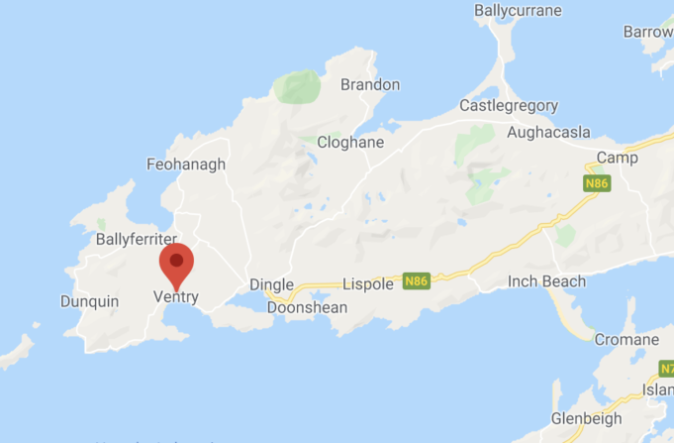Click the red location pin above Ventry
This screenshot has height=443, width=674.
click(177, 265)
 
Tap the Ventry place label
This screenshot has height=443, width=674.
click(176, 296)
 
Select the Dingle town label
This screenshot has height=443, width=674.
click(271, 284)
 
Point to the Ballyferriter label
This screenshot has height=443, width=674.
click(136, 239)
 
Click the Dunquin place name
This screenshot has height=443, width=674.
click(89, 301)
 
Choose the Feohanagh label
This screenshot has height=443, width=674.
click(185, 165)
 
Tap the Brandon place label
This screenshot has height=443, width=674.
click(370, 84)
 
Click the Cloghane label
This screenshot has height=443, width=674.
click(350, 142)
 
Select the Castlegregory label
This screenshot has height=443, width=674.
click(509, 105)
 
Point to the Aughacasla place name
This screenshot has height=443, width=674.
click(548, 132)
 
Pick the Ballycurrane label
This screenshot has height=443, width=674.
click(518, 11)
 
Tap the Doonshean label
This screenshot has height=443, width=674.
click(308, 307)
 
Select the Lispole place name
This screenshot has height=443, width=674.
click(367, 284)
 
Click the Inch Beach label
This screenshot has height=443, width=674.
click(546, 281)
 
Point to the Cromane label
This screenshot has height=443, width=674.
click(626, 340)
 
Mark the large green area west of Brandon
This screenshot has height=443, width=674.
click(298, 87)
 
